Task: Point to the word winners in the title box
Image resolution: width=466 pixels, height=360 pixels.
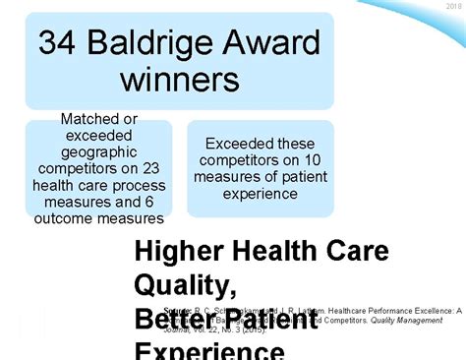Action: (179, 80)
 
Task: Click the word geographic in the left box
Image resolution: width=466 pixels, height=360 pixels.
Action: (99, 154)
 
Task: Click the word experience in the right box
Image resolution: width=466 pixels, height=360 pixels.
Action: (261, 194)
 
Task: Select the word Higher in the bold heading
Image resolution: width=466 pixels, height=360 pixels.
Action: (175, 252)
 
